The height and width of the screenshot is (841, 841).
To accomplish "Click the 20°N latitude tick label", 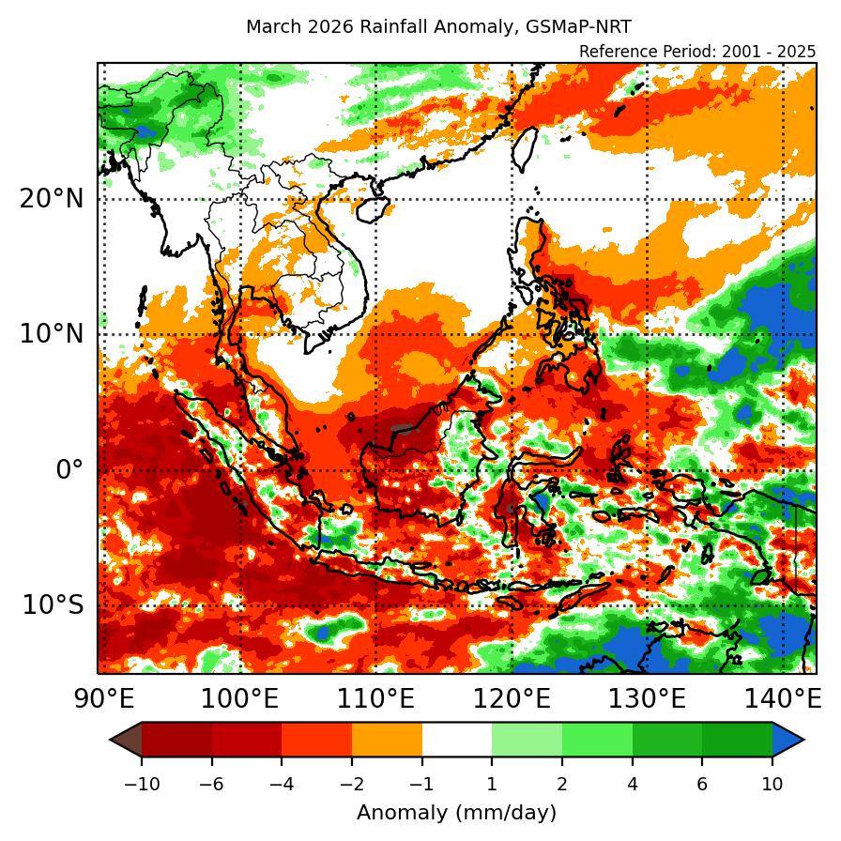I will click(x=51, y=199).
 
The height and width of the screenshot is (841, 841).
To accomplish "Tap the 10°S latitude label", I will click(x=51, y=605).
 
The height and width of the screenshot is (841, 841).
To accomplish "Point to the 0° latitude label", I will click(x=69, y=470).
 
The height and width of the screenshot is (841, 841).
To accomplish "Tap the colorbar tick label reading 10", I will click(x=772, y=785).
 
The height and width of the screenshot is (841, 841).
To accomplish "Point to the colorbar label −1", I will click(x=421, y=785).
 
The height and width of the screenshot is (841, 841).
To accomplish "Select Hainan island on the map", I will click(x=375, y=208).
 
